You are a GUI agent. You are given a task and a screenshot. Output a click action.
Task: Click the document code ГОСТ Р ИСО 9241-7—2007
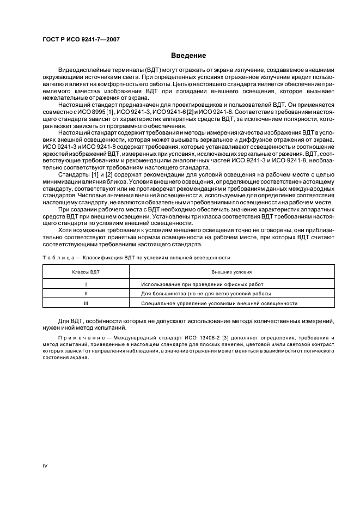(x=82, y=39)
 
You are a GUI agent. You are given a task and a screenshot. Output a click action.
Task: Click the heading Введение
(x=188, y=56)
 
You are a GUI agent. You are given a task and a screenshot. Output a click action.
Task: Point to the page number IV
(x=46, y=465)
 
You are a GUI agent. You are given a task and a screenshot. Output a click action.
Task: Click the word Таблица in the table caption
(x=56, y=257)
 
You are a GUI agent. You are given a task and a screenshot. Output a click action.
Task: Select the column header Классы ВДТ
(x=86, y=271)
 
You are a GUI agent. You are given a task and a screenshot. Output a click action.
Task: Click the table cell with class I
(x=86, y=284)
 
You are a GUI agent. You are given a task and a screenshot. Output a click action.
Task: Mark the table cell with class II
(x=86, y=293)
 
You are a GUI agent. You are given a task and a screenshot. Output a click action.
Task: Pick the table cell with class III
(x=86, y=302)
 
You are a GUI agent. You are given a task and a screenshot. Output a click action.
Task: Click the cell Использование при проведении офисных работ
(x=202, y=284)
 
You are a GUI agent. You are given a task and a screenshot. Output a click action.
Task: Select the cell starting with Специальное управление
(x=219, y=302)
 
